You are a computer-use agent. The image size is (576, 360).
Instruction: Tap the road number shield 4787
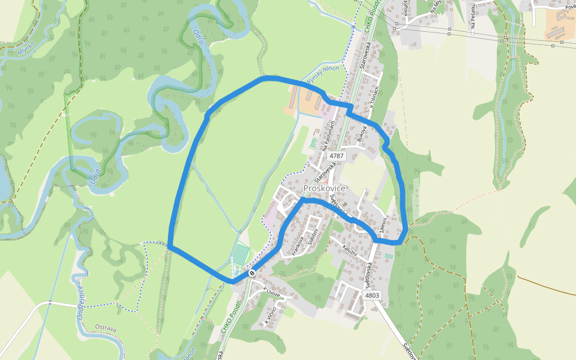coord(337,155)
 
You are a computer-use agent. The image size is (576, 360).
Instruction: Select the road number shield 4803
coord(372,295)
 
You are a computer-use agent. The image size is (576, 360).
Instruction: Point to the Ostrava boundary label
coord(106,327)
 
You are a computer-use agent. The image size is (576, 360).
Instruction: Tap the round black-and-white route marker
coord(252,272)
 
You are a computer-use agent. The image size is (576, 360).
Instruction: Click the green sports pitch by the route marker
coord(241,254)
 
